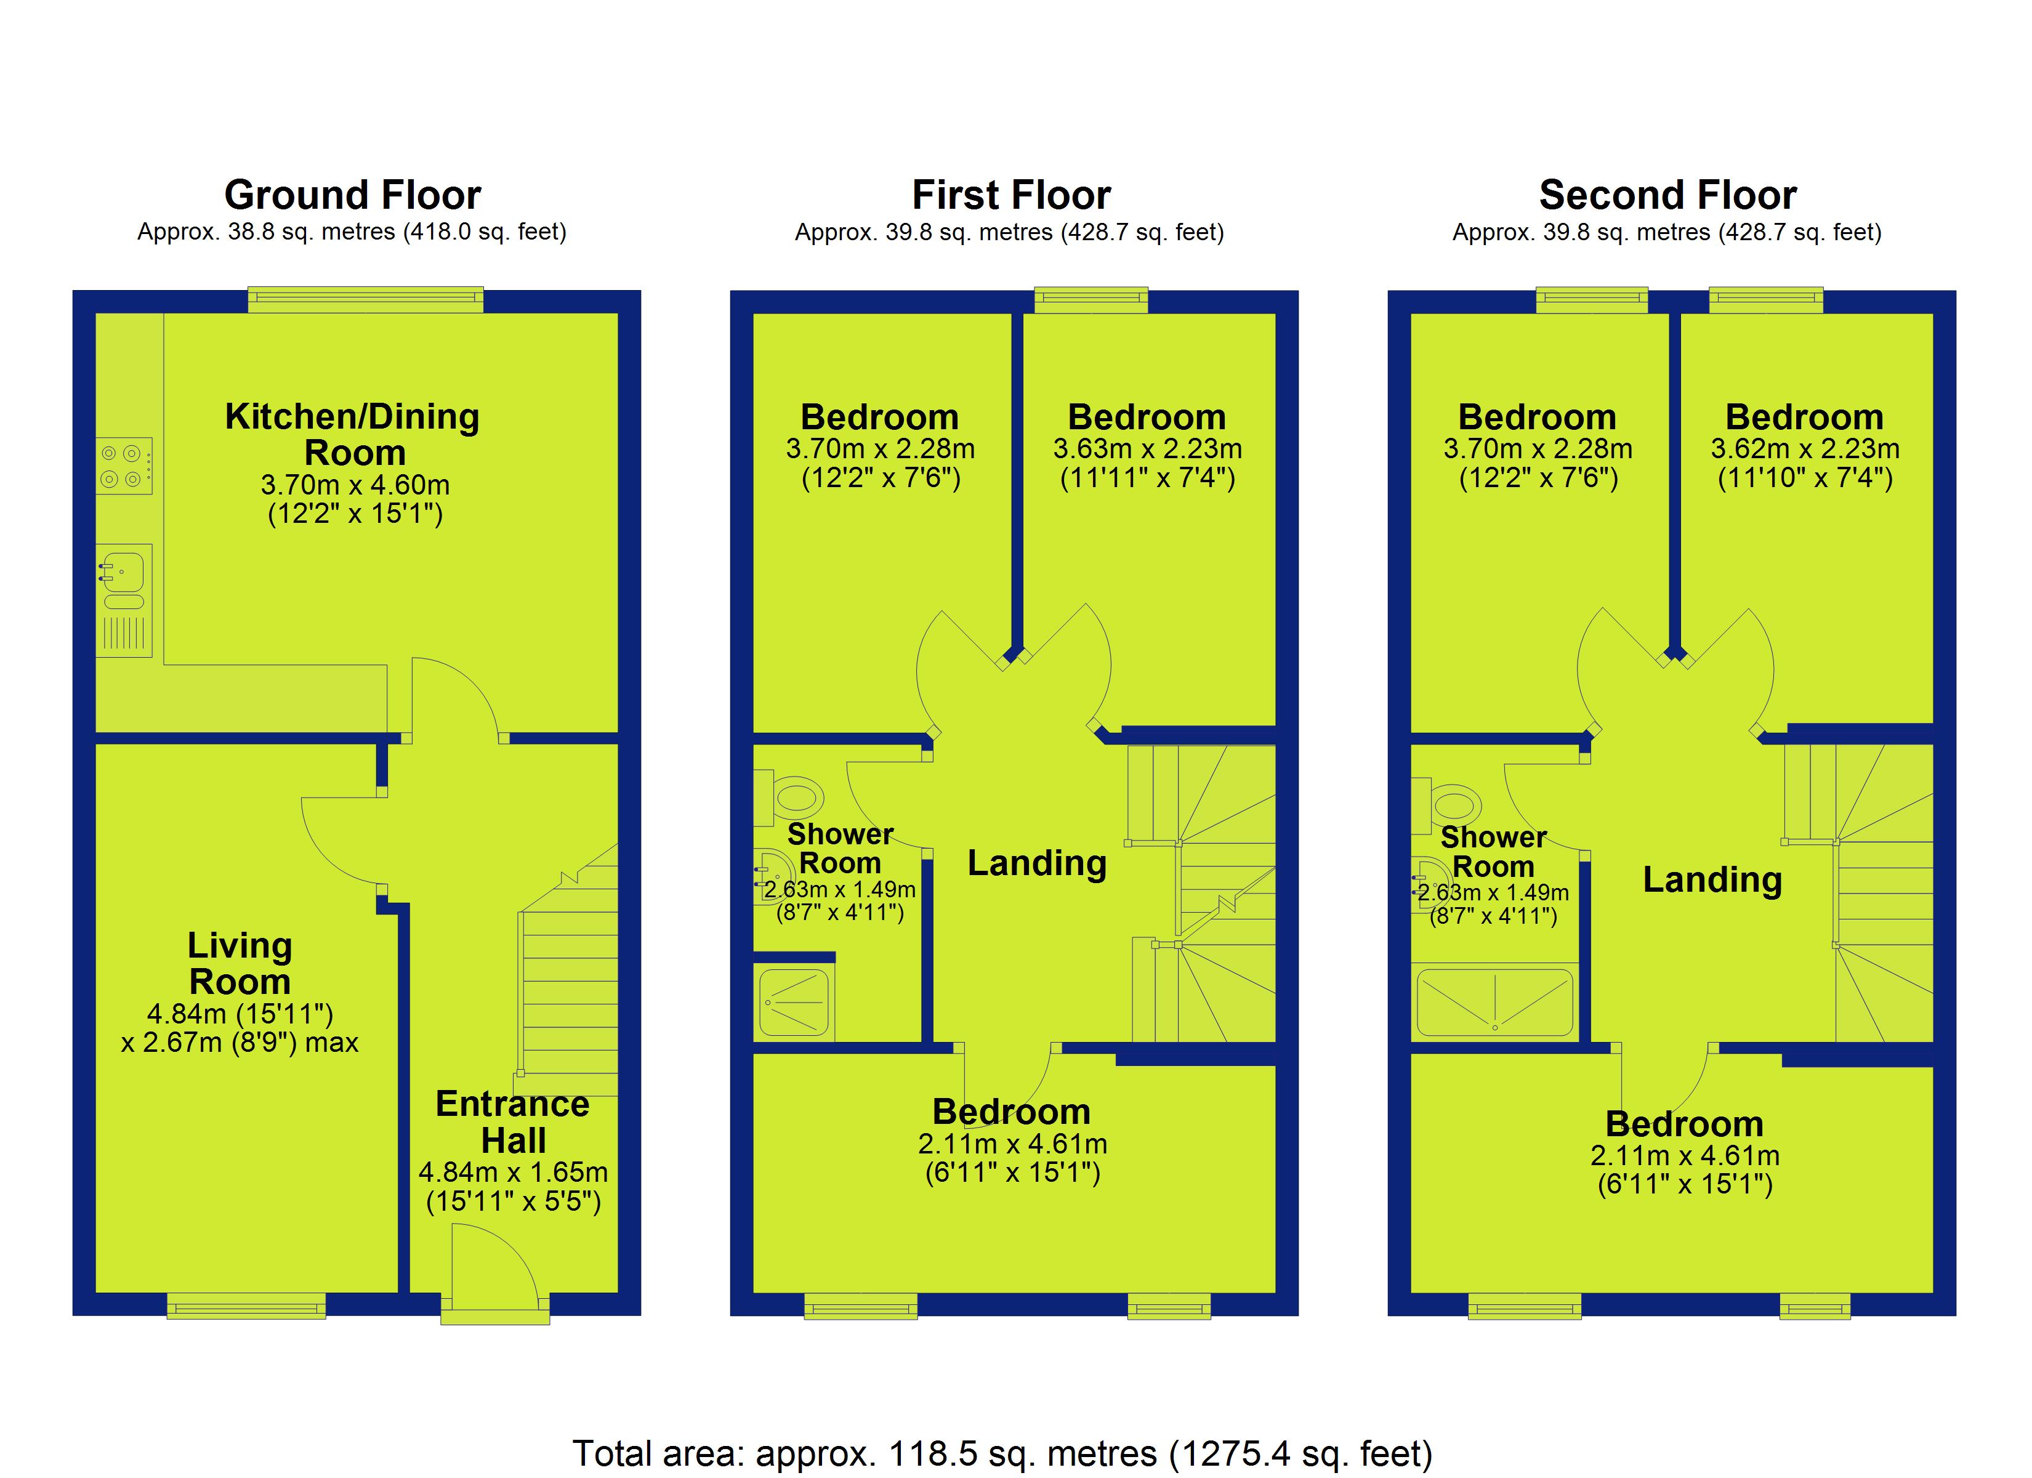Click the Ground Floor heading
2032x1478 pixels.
click(352, 195)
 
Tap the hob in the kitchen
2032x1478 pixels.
click(124, 466)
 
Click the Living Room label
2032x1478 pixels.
click(240, 964)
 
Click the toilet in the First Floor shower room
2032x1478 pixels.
click(789, 797)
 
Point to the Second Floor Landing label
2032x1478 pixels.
click(1712, 879)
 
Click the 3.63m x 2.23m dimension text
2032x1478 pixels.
click(1148, 448)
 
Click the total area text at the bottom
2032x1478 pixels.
click(1002, 1453)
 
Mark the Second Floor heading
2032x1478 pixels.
click(1667, 195)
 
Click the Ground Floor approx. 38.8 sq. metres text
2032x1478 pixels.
click(352, 232)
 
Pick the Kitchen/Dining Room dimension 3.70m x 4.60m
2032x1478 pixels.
click(355, 485)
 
